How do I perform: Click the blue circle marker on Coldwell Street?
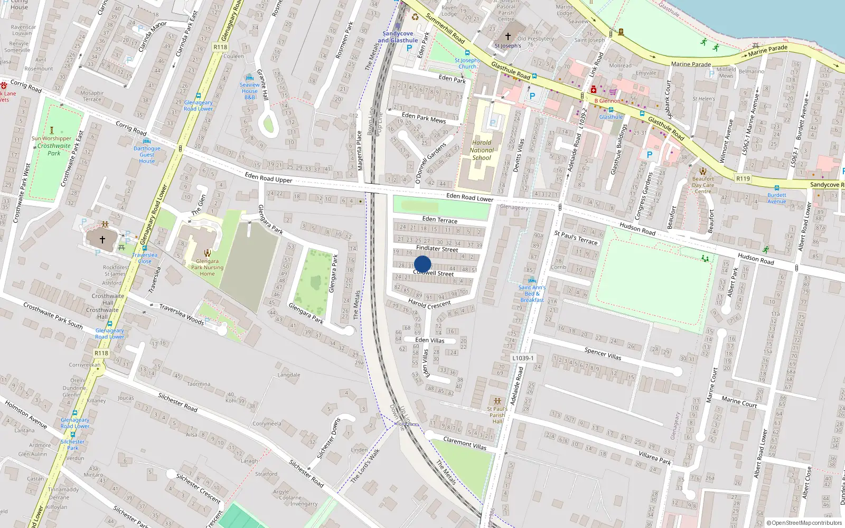click(x=422, y=265)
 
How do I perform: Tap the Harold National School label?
click(x=482, y=150)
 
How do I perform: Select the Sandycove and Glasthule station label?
click(x=398, y=37)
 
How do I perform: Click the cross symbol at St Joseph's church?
click(x=508, y=36)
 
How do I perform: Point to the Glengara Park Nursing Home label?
click(x=207, y=267)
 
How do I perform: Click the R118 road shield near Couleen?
click(x=220, y=47)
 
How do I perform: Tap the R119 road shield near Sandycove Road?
click(x=743, y=178)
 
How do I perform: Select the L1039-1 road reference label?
click(x=523, y=358)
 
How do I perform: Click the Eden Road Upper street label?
click(x=268, y=177)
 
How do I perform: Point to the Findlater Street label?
click(x=437, y=248)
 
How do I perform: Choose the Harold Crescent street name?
click(x=429, y=304)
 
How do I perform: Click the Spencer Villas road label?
click(x=603, y=353)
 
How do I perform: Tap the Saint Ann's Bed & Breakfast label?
click(x=532, y=294)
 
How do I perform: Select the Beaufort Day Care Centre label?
click(x=703, y=185)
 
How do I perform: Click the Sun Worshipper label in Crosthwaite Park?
click(x=51, y=138)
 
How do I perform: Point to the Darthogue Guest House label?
click(x=147, y=155)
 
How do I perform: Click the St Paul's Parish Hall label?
click(x=497, y=415)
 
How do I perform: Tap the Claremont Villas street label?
click(x=465, y=443)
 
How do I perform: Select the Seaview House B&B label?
click(x=250, y=91)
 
